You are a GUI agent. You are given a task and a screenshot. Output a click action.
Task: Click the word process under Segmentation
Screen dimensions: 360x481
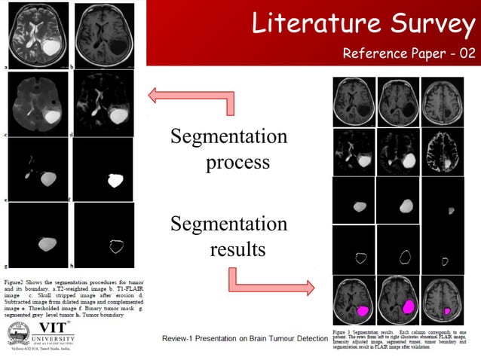coord(237,162)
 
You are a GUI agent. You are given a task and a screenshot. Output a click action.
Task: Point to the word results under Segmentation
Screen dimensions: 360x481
coord(237,249)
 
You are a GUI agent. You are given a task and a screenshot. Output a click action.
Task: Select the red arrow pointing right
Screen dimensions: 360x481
coord(271,282)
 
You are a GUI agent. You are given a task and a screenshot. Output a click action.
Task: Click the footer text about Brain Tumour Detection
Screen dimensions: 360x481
coord(245,338)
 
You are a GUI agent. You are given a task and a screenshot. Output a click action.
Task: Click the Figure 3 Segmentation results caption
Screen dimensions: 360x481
coord(403,338)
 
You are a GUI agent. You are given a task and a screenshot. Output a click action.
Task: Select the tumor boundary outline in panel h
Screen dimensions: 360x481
coord(116,246)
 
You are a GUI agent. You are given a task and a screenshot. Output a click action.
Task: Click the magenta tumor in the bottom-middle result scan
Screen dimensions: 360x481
coord(409,307)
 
